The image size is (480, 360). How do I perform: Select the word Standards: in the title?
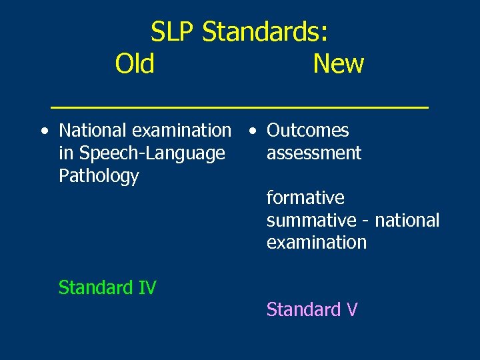(265, 31)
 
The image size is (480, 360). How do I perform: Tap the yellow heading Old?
(135, 64)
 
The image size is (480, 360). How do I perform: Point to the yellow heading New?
(338, 64)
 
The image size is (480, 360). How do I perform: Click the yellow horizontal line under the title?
(240, 107)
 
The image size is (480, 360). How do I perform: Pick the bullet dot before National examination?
(43, 131)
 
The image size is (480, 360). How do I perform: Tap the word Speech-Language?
(151, 153)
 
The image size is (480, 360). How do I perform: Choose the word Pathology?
(99, 176)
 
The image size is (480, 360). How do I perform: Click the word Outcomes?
(307, 131)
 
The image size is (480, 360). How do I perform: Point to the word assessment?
(313, 153)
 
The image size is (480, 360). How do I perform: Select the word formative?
(305, 198)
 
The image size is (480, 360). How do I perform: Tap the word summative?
(311, 220)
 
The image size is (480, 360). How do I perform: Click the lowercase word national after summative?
(407, 220)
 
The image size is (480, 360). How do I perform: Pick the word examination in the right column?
(317, 242)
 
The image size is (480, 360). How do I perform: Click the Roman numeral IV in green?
(146, 287)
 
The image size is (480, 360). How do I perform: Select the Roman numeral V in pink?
(352, 309)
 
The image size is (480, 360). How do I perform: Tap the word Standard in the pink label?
(303, 309)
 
